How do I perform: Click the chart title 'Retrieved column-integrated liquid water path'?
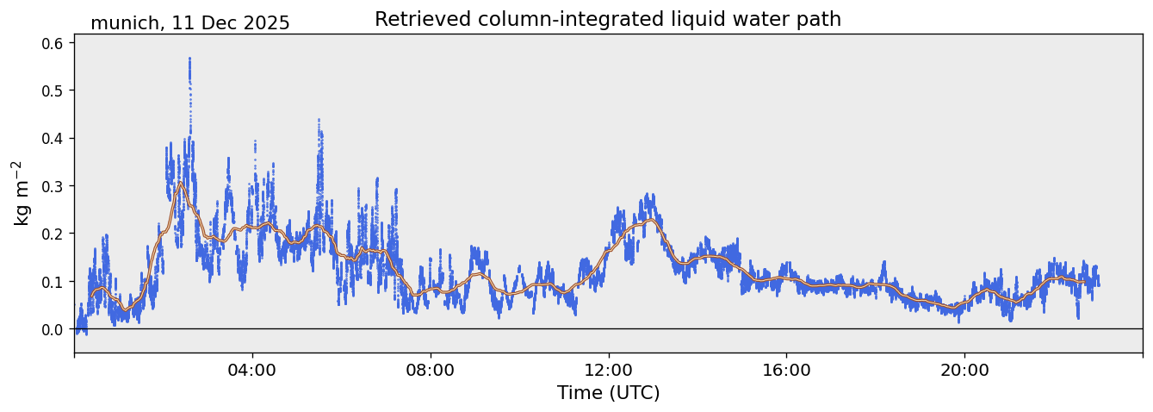point(607,19)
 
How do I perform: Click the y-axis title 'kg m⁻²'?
point(22,193)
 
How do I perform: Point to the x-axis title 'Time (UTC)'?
point(608,393)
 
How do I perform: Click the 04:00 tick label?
point(252,370)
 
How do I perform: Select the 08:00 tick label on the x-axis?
point(431,370)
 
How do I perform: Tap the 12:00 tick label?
point(609,370)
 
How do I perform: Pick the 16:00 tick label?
point(786,370)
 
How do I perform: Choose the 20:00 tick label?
point(964,370)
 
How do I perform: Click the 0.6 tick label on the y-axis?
point(53,43)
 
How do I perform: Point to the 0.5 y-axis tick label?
point(53,91)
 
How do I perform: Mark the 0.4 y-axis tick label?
point(53,138)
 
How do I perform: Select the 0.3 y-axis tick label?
point(53,186)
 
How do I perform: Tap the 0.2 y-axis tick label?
point(53,234)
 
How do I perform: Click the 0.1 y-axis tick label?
point(53,282)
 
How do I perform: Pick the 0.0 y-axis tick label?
point(53,329)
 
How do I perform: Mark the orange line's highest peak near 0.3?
point(180,183)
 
